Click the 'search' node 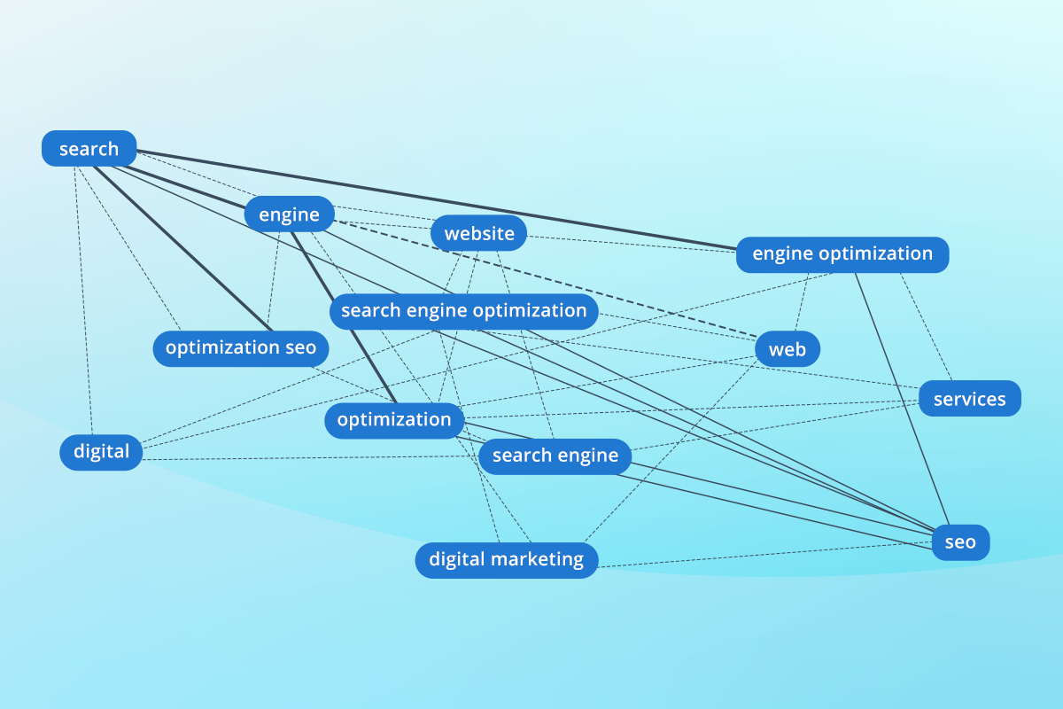tap(89, 149)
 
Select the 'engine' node tap(289, 214)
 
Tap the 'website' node tap(479, 234)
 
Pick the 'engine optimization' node tap(842, 254)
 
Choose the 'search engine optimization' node tap(463, 311)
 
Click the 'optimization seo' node tap(240, 347)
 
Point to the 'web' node tap(788, 349)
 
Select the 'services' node tap(969, 399)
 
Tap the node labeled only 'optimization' tap(394, 419)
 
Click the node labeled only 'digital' tap(101, 452)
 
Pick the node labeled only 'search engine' tap(555, 456)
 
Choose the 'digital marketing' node tap(506, 560)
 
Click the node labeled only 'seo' tap(959, 542)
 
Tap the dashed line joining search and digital tap(82, 301)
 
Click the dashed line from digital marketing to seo tap(762, 553)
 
